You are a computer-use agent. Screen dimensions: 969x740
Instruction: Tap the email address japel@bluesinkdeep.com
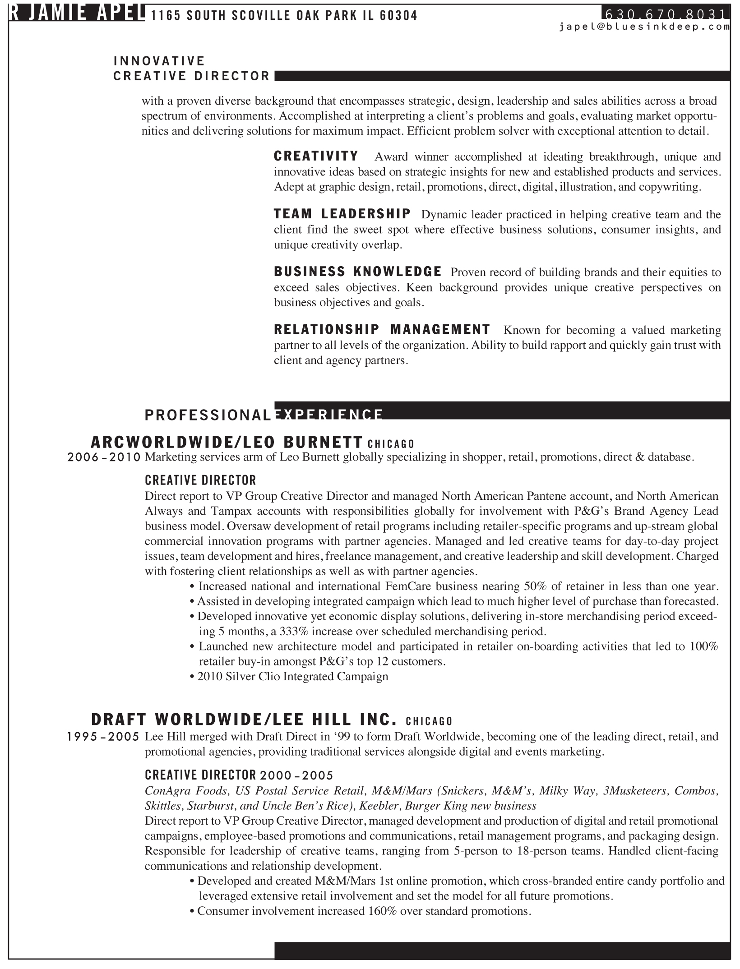(x=644, y=27)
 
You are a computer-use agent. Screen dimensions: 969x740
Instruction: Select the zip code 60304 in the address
(x=398, y=16)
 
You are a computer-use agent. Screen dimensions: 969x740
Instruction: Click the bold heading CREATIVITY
(x=316, y=156)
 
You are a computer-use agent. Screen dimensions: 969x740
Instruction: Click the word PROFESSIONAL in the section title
(x=208, y=415)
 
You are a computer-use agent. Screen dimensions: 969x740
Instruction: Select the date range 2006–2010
(x=104, y=457)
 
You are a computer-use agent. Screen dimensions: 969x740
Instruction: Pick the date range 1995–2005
(x=103, y=737)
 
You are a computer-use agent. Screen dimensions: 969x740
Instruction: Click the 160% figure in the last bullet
(x=382, y=911)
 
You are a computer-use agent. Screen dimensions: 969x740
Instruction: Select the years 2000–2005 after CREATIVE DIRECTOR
(x=296, y=775)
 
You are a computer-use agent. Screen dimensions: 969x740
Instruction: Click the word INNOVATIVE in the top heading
(x=159, y=61)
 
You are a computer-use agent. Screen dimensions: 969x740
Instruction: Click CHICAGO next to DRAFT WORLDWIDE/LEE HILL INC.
(x=429, y=721)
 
